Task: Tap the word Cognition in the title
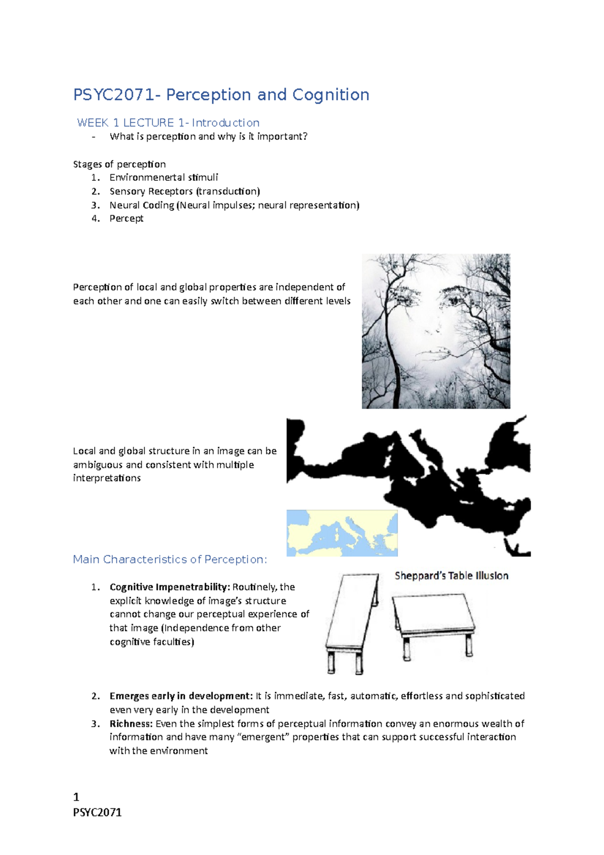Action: pyautogui.click(x=331, y=95)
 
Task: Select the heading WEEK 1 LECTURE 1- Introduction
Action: pyautogui.click(x=168, y=123)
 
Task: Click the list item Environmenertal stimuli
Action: pyautogui.click(x=164, y=177)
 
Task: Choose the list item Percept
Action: pyautogui.click(x=126, y=219)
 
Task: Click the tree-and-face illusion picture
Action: pyautogui.click(x=436, y=331)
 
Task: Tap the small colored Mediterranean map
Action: pyautogui.click(x=342, y=533)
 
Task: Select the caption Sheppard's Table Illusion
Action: pyautogui.click(x=451, y=576)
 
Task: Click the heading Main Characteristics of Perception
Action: pyautogui.click(x=170, y=559)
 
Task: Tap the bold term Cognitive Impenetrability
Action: pyautogui.click(x=170, y=587)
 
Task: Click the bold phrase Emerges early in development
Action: pyautogui.click(x=181, y=696)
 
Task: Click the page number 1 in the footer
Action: pyautogui.click(x=76, y=797)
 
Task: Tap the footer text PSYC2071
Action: pyautogui.click(x=97, y=812)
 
